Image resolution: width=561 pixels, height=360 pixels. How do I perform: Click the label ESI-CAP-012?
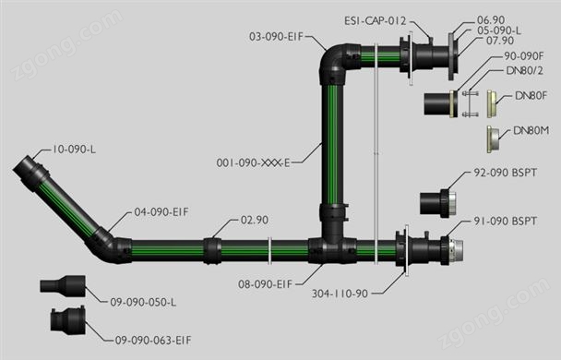(376, 20)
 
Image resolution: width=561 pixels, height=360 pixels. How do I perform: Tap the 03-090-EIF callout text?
(276, 37)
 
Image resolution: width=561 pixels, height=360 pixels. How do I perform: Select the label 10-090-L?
(74, 150)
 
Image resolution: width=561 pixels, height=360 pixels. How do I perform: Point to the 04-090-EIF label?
(161, 212)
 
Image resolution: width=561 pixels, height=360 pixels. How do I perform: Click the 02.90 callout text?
(255, 220)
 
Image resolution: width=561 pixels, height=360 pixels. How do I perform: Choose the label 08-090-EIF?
(266, 284)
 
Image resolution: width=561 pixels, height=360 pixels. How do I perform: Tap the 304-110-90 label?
(340, 294)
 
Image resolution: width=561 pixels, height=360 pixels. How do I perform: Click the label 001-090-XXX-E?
(253, 162)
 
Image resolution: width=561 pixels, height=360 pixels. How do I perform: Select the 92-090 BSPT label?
(506, 173)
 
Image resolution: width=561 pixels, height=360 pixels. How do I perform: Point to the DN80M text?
(531, 131)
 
